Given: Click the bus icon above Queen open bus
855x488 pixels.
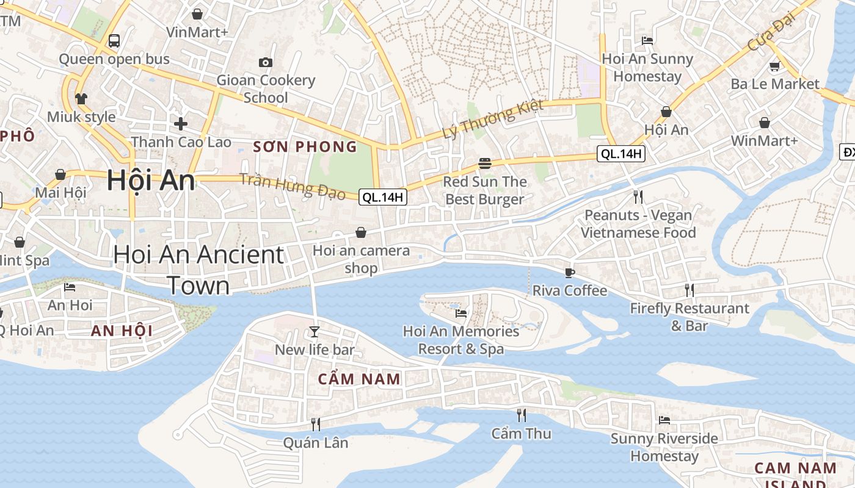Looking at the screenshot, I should click(114, 41).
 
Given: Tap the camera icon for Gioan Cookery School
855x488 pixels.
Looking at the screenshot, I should click(266, 62).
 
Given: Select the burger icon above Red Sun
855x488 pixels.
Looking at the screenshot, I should click(485, 163).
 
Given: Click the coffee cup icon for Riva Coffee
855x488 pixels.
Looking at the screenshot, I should click(570, 273).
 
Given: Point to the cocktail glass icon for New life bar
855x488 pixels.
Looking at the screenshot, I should click(315, 332).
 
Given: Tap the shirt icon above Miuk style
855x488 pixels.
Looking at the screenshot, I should click(81, 98).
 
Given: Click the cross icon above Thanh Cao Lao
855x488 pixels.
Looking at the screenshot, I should click(181, 124).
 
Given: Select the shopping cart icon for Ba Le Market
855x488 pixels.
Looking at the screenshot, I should click(775, 66).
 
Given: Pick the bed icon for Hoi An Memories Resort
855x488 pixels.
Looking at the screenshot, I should click(461, 314).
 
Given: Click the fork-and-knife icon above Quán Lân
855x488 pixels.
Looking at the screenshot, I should click(316, 425).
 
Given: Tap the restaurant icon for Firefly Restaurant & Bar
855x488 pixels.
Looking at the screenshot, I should click(689, 290).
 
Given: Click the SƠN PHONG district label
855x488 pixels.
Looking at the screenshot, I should click(305, 146).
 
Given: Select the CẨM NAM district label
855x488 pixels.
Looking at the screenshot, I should click(359, 379).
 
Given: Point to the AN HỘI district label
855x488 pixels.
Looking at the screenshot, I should click(122, 331).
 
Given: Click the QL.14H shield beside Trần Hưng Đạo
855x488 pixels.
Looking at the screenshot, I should click(383, 197).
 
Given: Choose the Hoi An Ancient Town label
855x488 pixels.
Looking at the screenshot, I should click(198, 270).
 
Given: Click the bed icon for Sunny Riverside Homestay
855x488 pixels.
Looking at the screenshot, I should click(664, 420).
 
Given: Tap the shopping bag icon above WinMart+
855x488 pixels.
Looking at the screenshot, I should click(764, 123).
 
